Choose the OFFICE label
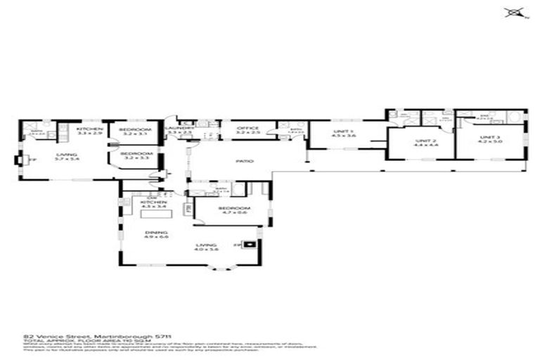tap(247, 130)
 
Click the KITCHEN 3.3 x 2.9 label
tap(90, 131)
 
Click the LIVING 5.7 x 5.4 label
tap(67, 157)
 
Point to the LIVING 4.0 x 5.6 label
tap(207, 247)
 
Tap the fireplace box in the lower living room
tap(251, 245)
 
